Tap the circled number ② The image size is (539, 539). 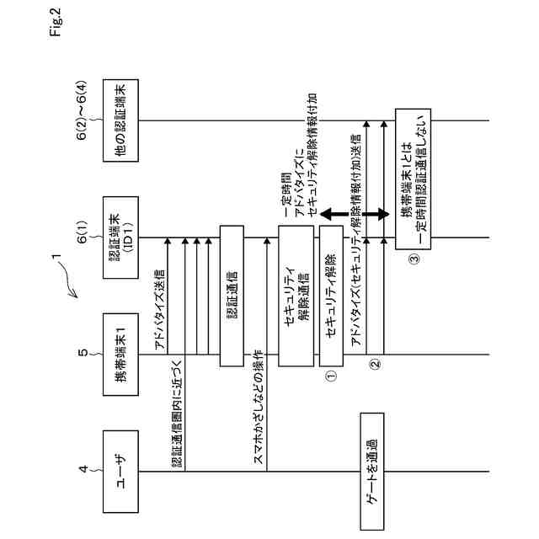point(376,366)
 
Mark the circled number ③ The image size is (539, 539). point(413,259)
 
